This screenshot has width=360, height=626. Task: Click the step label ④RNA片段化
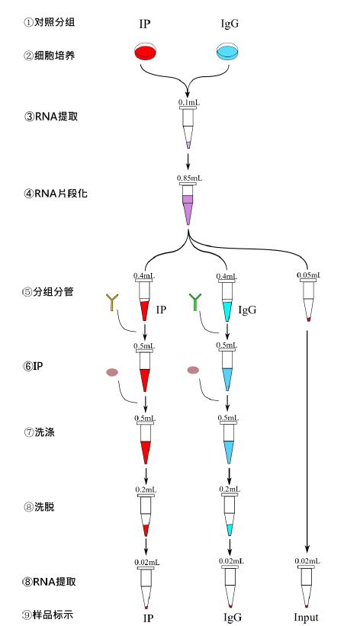[x=56, y=193]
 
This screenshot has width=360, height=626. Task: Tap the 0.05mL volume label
[x=307, y=275]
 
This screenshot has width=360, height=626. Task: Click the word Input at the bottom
[x=306, y=616]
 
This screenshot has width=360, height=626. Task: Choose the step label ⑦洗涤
[x=44, y=432]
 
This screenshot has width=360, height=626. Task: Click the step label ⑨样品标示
[x=50, y=614]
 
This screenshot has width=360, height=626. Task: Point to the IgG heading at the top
[x=228, y=24]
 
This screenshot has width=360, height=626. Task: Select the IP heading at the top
[x=145, y=24]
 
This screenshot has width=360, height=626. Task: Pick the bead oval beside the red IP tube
[x=112, y=372]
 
